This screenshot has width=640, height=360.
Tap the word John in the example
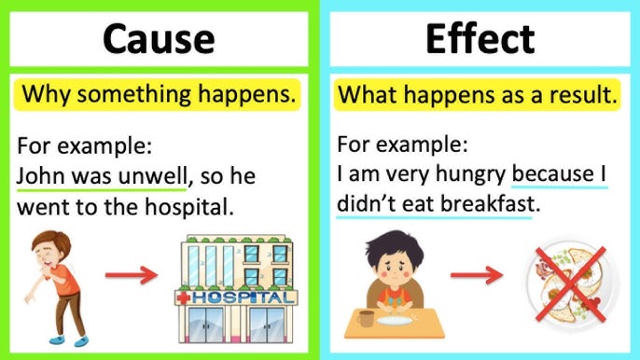(37, 175)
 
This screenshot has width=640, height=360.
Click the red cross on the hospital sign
(185, 298)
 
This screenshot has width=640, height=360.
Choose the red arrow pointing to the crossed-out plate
(475, 276)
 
